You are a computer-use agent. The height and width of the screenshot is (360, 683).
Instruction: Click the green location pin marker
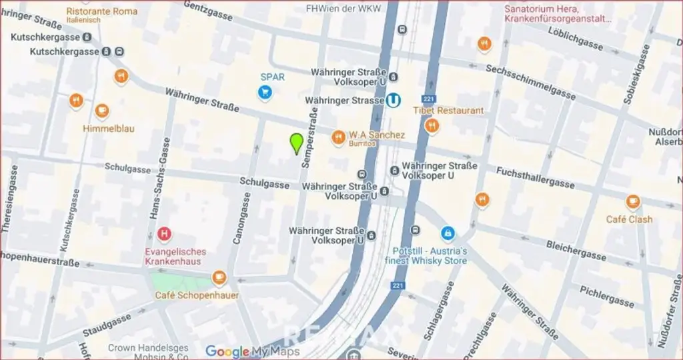coord(297,143)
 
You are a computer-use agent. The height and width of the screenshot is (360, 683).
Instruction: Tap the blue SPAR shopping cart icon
coord(265,93)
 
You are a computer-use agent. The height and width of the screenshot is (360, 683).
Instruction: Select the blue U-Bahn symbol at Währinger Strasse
coord(396,100)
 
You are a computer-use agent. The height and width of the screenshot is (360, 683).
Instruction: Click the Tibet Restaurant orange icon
coord(432,125)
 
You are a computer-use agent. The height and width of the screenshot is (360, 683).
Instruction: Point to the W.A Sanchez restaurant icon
coord(339,137)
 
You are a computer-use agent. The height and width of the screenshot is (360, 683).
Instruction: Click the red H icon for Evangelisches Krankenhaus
coord(163,234)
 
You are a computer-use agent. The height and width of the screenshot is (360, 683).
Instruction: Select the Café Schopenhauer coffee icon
coord(219,278)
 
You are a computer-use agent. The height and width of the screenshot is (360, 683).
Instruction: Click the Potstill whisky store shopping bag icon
coord(448,233)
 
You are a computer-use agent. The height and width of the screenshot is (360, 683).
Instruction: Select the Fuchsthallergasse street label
coord(535,177)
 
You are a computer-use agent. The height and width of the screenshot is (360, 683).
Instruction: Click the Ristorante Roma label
coord(102,11)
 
